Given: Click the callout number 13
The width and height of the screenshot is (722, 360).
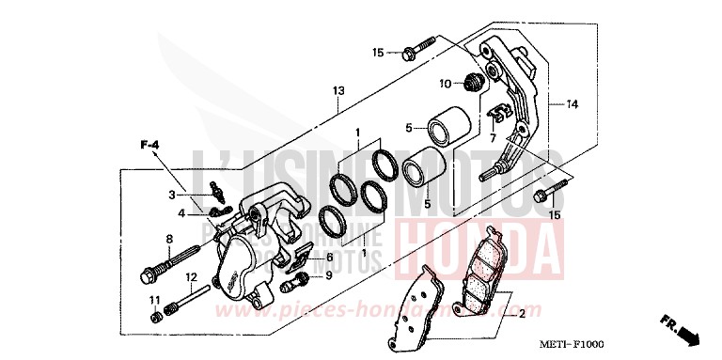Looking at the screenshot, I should [337, 91].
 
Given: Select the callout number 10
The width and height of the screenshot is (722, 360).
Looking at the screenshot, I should [446, 83].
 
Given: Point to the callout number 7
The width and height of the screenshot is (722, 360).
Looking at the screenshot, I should [492, 138].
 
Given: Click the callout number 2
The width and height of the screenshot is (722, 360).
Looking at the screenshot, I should [523, 314].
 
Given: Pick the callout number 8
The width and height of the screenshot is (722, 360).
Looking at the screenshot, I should [170, 238].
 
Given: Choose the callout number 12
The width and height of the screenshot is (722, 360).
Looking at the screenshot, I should [190, 276].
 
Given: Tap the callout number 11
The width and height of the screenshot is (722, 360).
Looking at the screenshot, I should [151, 299].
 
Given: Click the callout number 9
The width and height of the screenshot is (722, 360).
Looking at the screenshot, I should [328, 275].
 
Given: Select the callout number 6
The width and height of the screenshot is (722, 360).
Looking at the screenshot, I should [329, 257].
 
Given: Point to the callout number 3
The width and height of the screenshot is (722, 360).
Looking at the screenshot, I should [172, 195].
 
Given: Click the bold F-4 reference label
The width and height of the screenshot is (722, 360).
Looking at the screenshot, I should [151, 144].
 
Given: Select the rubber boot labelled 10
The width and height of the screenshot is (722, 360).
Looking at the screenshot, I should [477, 83].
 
